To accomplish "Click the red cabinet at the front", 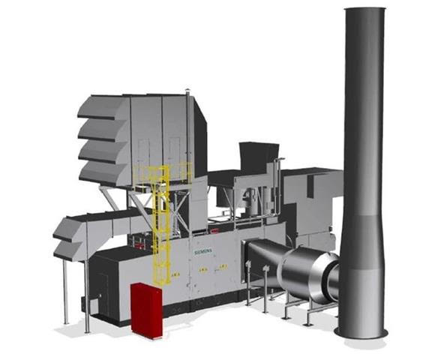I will [x=146, y=310].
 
